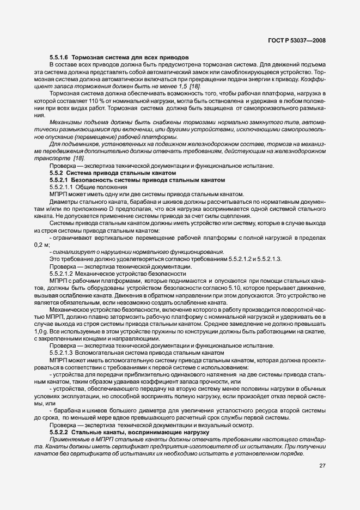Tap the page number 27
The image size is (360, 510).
(x=322, y=465)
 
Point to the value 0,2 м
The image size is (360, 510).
(x=41, y=245)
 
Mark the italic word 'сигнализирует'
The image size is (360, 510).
(x=70, y=252)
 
